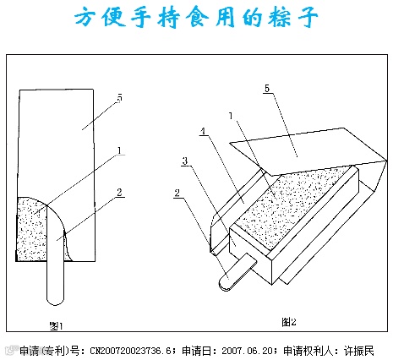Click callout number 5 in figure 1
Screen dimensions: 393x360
pos(120,98)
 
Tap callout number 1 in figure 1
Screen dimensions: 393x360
pos(120,150)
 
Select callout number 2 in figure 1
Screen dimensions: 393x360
pos(120,193)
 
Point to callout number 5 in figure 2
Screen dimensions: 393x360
pos(267,89)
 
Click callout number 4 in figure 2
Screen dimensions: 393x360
pos(203,131)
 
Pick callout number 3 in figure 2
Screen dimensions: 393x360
pos(185,161)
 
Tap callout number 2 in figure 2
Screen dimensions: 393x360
pos(177,194)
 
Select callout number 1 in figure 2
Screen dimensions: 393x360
pos(231,116)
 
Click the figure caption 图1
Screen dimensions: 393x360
pos(57,326)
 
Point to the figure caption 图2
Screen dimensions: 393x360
pos(289,321)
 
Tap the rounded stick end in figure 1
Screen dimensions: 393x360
pos(56,300)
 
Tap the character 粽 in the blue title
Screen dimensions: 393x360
pos(280,17)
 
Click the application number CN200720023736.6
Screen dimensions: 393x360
pos(131,351)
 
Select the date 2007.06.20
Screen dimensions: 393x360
pos(248,351)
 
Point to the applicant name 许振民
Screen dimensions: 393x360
pos(358,351)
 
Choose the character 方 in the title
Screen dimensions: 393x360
pos(85,17)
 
